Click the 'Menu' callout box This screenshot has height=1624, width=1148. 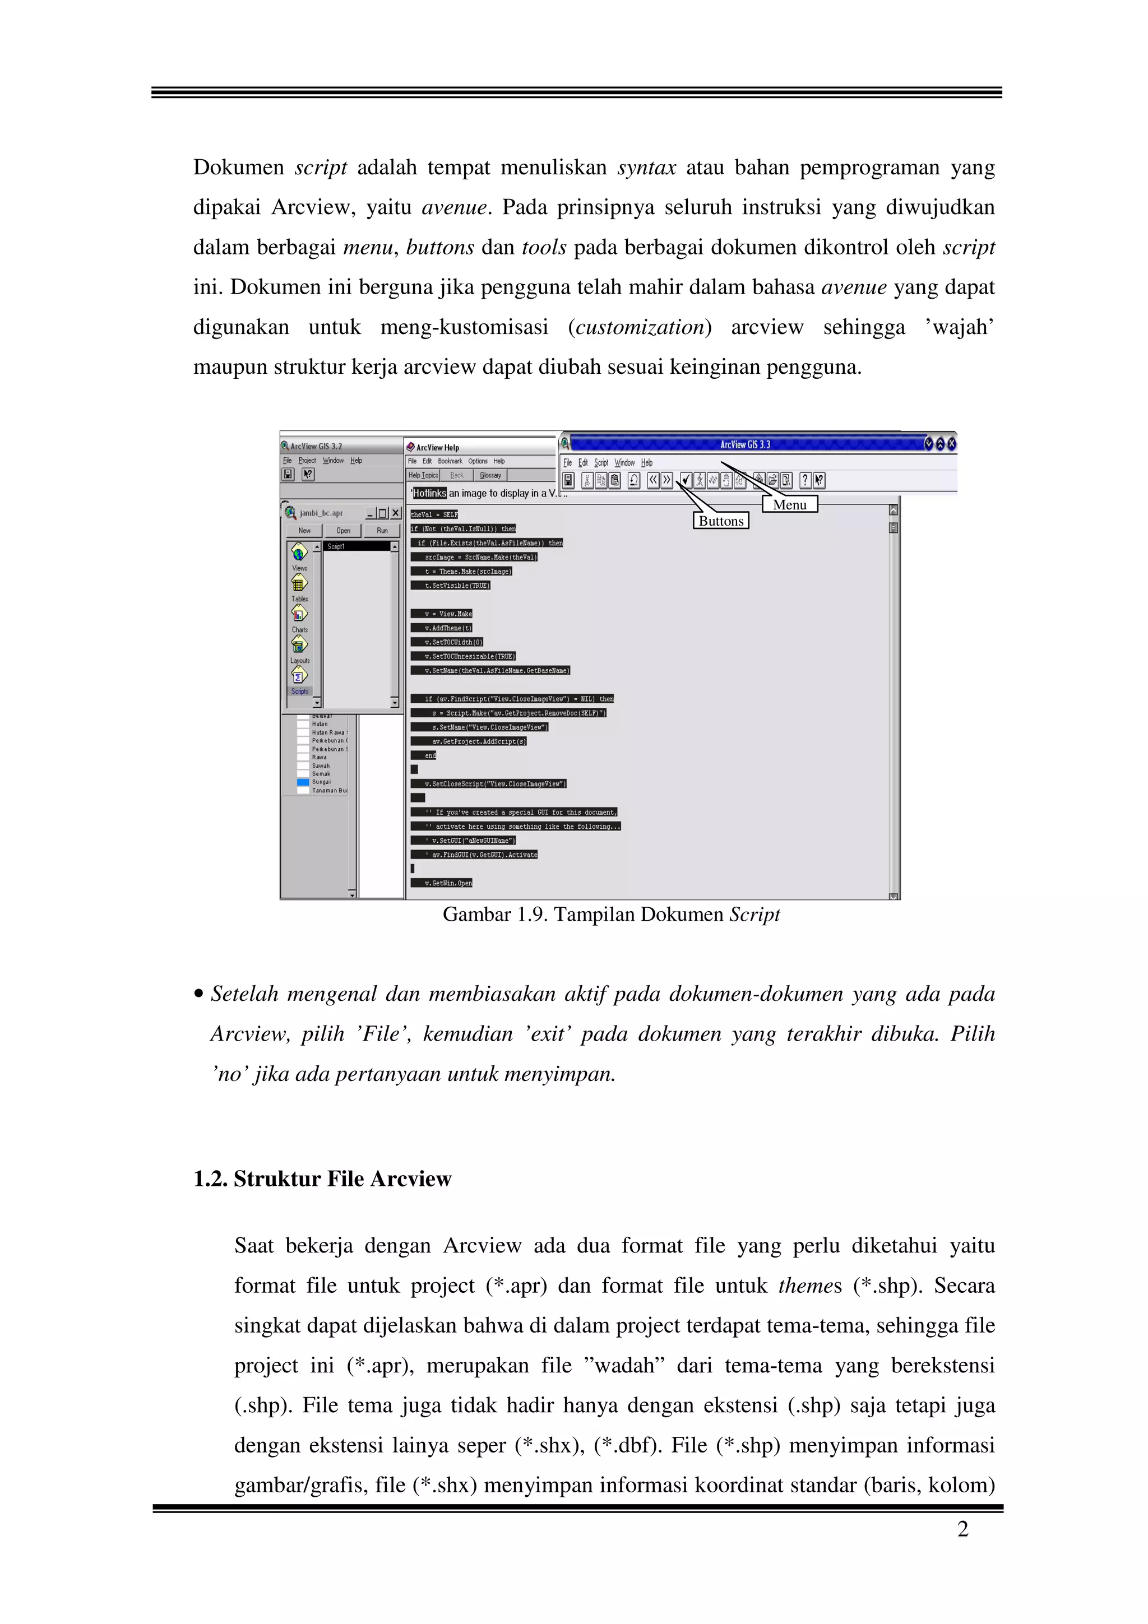(789, 504)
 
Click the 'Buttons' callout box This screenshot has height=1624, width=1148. (721, 521)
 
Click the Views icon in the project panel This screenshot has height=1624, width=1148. (299, 553)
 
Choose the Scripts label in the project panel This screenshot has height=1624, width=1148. (299, 691)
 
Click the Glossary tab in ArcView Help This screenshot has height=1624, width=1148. (490, 475)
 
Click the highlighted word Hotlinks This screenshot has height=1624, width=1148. (429, 493)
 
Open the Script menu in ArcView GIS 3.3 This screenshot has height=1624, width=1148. (600, 462)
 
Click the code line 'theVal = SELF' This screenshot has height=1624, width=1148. (434, 514)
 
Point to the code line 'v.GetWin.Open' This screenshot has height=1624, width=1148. (448, 883)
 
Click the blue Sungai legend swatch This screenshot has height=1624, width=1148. (303, 782)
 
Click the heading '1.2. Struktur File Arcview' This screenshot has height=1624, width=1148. (322, 1178)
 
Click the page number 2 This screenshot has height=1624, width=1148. (962, 1529)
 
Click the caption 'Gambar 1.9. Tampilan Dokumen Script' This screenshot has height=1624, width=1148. (611, 915)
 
